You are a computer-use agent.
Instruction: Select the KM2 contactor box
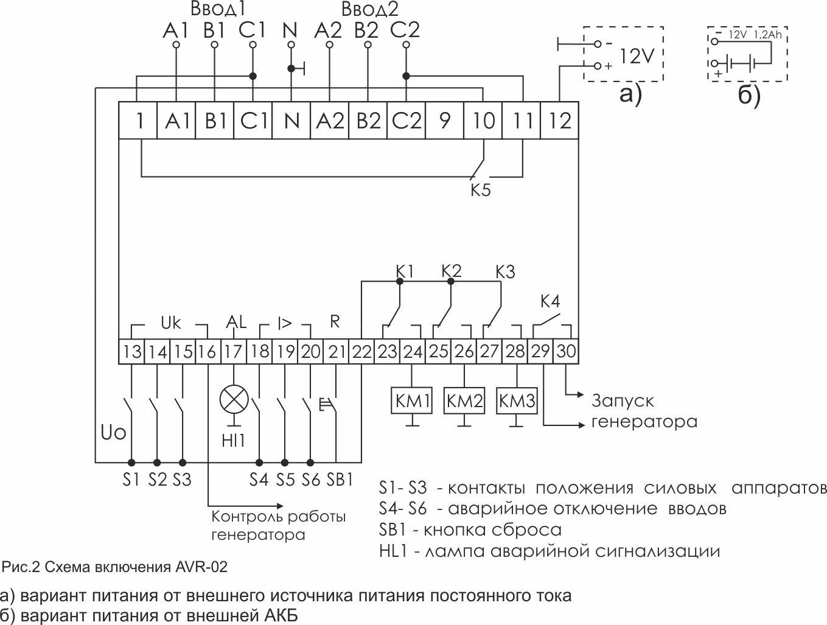[x=464, y=401]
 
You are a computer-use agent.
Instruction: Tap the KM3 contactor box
[x=517, y=401]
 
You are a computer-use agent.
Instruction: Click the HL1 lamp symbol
[x=234, y=400]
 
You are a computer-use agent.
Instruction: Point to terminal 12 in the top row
[x=559, y=121]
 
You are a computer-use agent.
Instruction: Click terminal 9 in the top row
[x=444, y=121]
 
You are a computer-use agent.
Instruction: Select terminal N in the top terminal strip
[x=291, y=121]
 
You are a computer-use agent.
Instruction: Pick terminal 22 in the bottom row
[x=361, y=352]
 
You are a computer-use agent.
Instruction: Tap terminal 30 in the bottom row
[x=566, y=352]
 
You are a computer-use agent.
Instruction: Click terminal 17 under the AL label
[x=234, y=352]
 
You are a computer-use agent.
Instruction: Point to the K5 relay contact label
[x=480, y=190]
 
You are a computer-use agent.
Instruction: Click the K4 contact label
[x=550, y=301]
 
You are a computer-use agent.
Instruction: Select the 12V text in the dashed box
[x=637, y=57]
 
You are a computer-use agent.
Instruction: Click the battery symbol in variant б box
[x=742, y=62]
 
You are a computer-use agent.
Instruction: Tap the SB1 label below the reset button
[x=340, y=480]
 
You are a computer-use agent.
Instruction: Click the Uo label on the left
[x=114, y=433]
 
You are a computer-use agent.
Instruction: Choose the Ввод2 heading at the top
[x=369, y=10]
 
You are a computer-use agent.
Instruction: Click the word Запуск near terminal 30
[x=623, y=401]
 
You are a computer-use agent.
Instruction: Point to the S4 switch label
[x=259, y=480]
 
